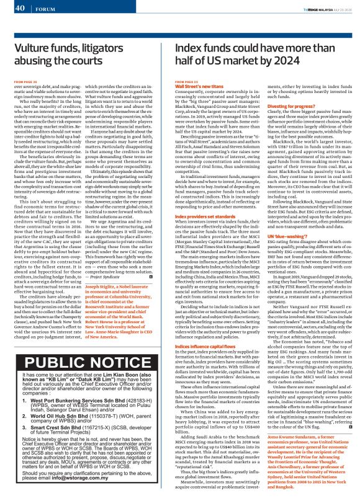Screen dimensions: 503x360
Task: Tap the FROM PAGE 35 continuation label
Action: pyautogui.click(x=188, y=81)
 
